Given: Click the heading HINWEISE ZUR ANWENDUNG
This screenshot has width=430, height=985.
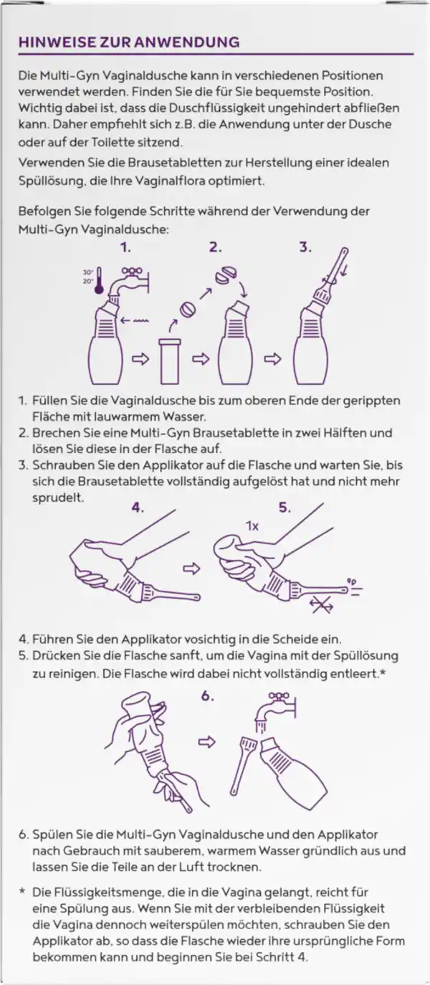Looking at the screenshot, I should pyautogui.click(x=128, y=42).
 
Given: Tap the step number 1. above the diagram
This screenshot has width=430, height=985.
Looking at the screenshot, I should pyautogui.click(x=125, y=248).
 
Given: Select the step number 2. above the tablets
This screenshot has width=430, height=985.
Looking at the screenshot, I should pyautogui.click(x=216, y=248).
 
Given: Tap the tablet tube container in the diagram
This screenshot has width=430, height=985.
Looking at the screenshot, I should pyautogui.click(x=171, y=363).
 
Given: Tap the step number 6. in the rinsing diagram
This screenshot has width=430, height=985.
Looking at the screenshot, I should pyautogui.click(x=207, y=695).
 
